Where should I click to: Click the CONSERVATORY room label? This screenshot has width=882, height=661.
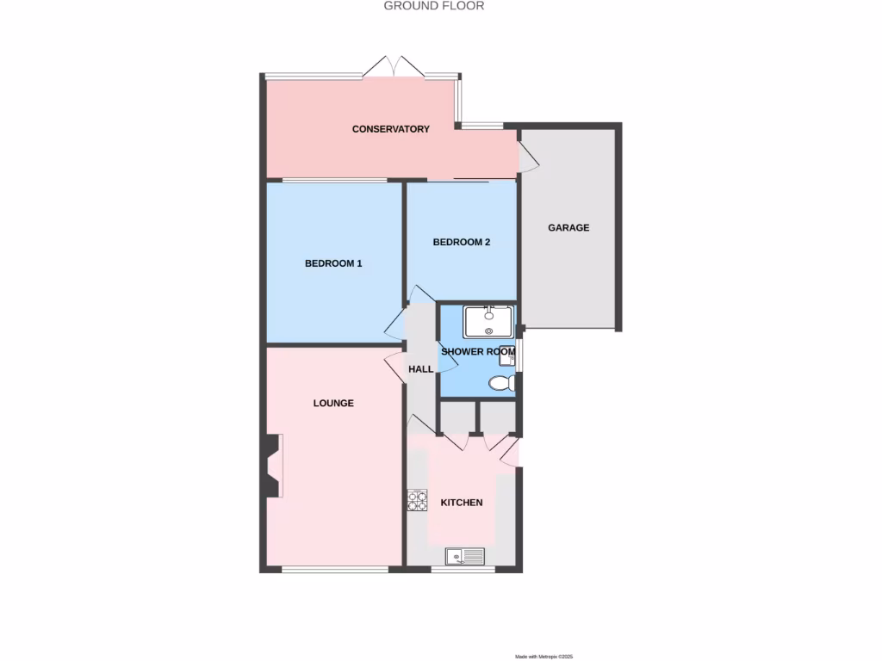tap(390, 129)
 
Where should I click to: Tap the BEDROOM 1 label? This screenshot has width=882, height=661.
tap(333, 263)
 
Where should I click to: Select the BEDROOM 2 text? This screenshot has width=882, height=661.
tap(461, 242)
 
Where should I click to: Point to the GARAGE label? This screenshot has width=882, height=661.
tap(568, 228)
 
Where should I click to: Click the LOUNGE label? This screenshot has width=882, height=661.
tap(333, 403)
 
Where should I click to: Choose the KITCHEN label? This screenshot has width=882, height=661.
tap(462, 503)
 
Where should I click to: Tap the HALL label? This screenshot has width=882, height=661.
tap(421, 368)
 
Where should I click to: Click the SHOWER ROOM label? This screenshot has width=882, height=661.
tap(478, 351)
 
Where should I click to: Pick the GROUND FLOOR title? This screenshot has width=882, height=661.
tap(434, 6)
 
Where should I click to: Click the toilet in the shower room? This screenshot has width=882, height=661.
tap(501, 383)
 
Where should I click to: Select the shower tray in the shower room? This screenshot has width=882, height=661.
tap(488, 322)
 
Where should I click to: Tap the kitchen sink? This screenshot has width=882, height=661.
tap(464, 557)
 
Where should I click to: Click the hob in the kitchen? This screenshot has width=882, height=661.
tap(417, 500)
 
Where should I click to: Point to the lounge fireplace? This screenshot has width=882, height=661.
tap(272, 466)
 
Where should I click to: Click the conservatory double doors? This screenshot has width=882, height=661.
tap(394, 67)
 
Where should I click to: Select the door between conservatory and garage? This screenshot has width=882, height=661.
tap(526, 158)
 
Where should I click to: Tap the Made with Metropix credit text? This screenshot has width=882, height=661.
tap(543, 657)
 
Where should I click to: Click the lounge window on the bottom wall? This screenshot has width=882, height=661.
tap(334, 569)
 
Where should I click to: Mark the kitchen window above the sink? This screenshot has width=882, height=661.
tap(463, 569)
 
